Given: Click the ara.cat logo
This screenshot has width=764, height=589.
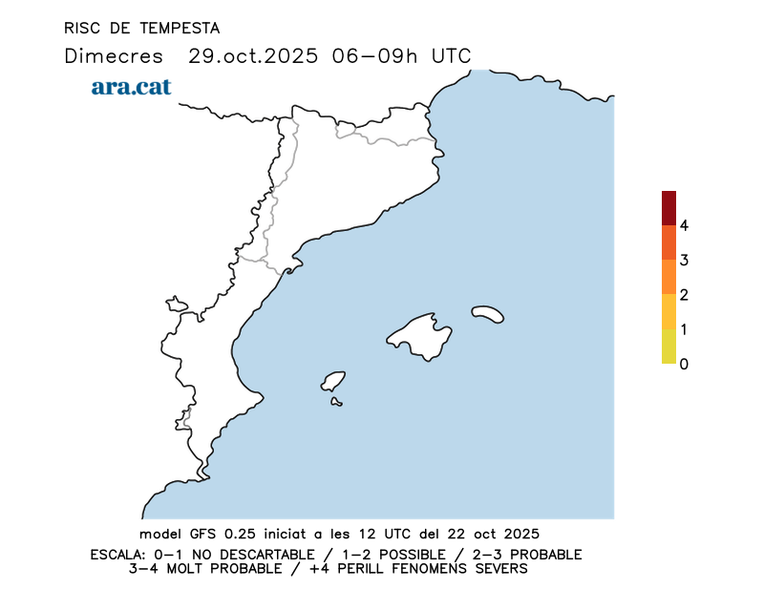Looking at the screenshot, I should [131, 87].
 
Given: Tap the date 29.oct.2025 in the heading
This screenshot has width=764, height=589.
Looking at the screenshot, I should [253, 55].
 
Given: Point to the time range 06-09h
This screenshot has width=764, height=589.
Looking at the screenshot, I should [375, 55].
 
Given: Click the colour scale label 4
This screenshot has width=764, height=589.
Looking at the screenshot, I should [684, 225].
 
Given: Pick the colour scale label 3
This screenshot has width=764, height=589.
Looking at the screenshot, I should [684, 260].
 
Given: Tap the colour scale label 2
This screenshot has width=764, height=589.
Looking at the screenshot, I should [684, 295].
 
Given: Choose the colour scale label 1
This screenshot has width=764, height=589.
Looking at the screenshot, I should [684, 329].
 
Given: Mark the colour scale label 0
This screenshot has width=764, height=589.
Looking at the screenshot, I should [684, 364].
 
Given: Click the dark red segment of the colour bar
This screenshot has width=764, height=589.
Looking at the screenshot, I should [668, 207].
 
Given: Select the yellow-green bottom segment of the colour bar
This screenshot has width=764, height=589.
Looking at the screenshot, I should [668, 347].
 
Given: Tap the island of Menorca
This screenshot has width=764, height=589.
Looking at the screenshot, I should [488, 313].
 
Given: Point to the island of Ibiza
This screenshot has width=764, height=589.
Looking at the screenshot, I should [333, 382].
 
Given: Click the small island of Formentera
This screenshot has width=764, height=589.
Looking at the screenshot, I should [336, 402].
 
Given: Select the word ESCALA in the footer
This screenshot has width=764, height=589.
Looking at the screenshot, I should [116, 555].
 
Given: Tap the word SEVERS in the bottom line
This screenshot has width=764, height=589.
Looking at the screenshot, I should [499, 569].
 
